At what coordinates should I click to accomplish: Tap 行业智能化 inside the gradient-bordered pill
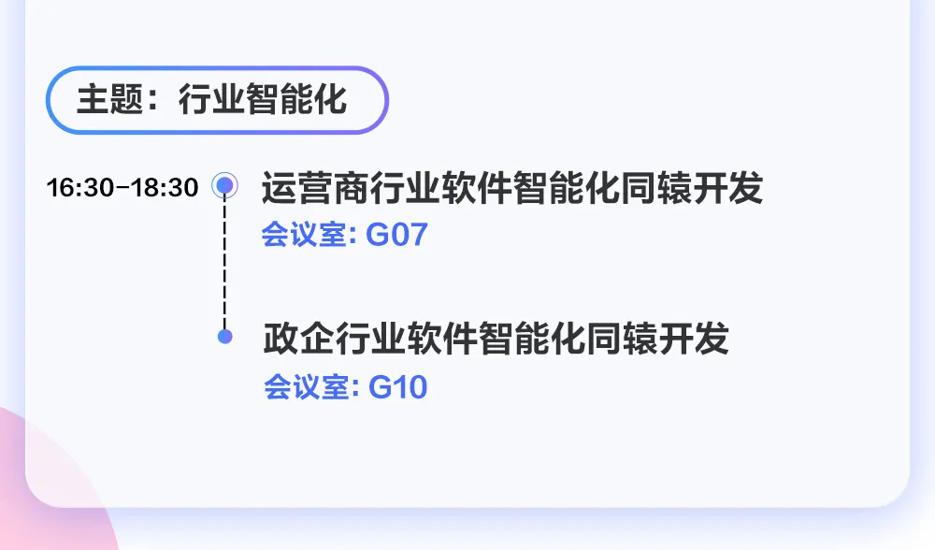point(263,100)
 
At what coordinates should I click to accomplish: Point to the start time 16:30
point(79,187)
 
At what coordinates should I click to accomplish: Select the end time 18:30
point(165,187)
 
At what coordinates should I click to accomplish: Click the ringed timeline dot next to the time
point(224,186)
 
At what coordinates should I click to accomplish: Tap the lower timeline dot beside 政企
point(224,336)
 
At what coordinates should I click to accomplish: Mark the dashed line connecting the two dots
point(224,262)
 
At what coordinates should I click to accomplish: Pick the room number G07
point(396,234)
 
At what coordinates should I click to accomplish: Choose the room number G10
point(398,386)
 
